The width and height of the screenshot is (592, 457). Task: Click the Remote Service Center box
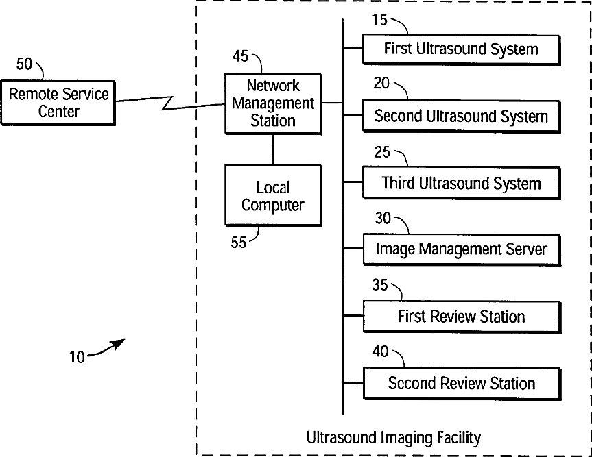click(x=58, y=101)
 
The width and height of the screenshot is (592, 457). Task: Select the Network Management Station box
click(x=272, y=103)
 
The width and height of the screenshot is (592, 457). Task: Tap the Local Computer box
click(x=272, y=196)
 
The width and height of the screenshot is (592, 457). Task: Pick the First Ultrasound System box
click(x=460, y=49)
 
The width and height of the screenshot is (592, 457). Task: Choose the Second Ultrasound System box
click(x=460, y=116)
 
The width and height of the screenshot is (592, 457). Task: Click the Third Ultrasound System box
click(x=460, y=183)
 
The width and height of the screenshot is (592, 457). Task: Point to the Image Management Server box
click(x=460, y=249)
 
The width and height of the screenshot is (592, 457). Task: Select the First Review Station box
click(x=460, y=317)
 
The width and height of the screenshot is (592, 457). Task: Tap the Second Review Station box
click(x=460, y=383)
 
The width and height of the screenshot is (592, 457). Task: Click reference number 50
click(x=24, y=64)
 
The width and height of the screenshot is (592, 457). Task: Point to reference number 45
click(x=240, y=56)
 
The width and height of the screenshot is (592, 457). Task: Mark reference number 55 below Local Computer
click(x=238, y=243)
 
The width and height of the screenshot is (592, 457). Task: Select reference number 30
click(x=383, y=218)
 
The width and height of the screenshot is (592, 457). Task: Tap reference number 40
click(x=380, y=351)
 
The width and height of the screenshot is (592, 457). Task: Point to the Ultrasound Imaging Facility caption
click(x=393, y=436)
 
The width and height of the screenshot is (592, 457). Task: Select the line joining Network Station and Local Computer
click(x=272, y=149)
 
